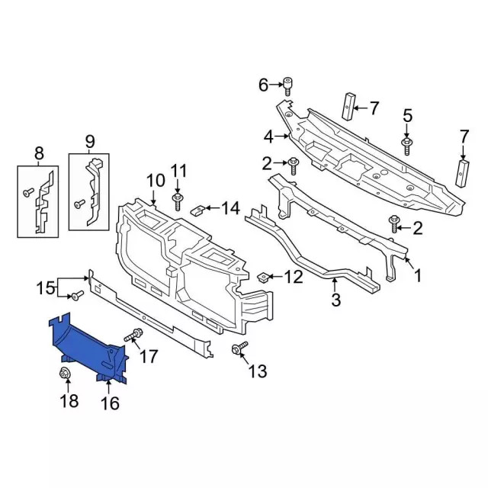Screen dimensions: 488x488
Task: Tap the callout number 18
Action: [x=69, y=400]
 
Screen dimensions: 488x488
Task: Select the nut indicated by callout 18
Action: [x=65, y=373]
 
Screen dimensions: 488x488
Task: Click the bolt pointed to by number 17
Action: [x=133, y=335]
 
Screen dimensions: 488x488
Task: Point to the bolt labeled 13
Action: [x=239, y=348]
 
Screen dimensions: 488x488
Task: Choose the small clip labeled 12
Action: [x=263, y=277]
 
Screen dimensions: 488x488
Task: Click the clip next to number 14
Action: [x=197, y=210]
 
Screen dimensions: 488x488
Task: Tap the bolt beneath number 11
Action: [x=178, y=201]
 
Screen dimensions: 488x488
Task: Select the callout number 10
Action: [x=156, y=181]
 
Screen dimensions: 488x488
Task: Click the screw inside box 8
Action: [x=29, y=193]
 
